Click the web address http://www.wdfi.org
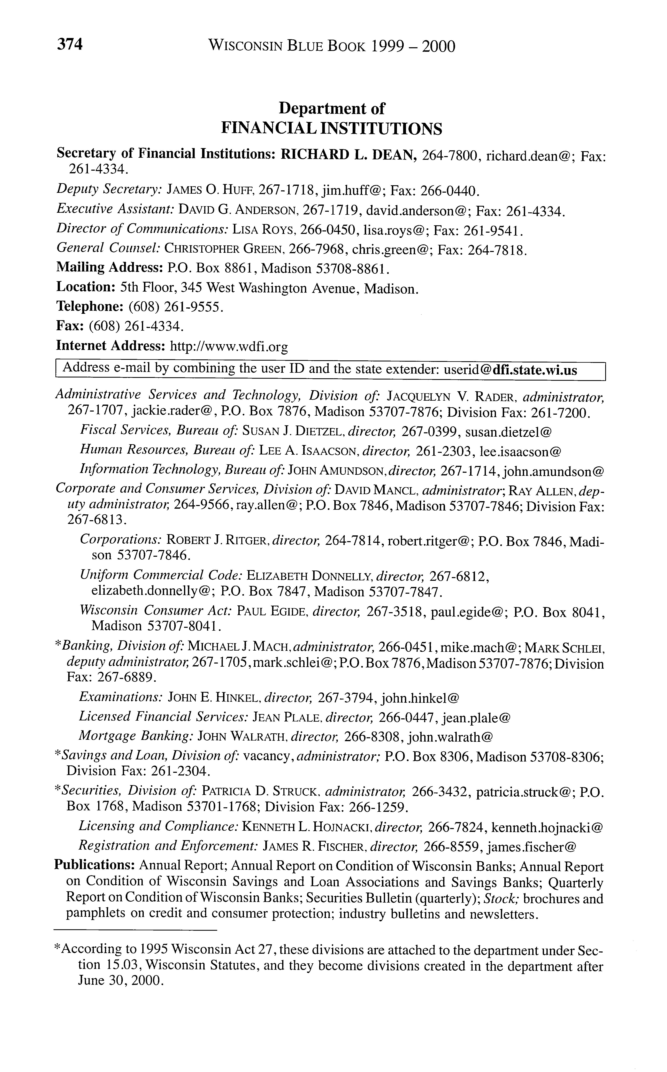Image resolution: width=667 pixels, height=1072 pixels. (x=229, y=346)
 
